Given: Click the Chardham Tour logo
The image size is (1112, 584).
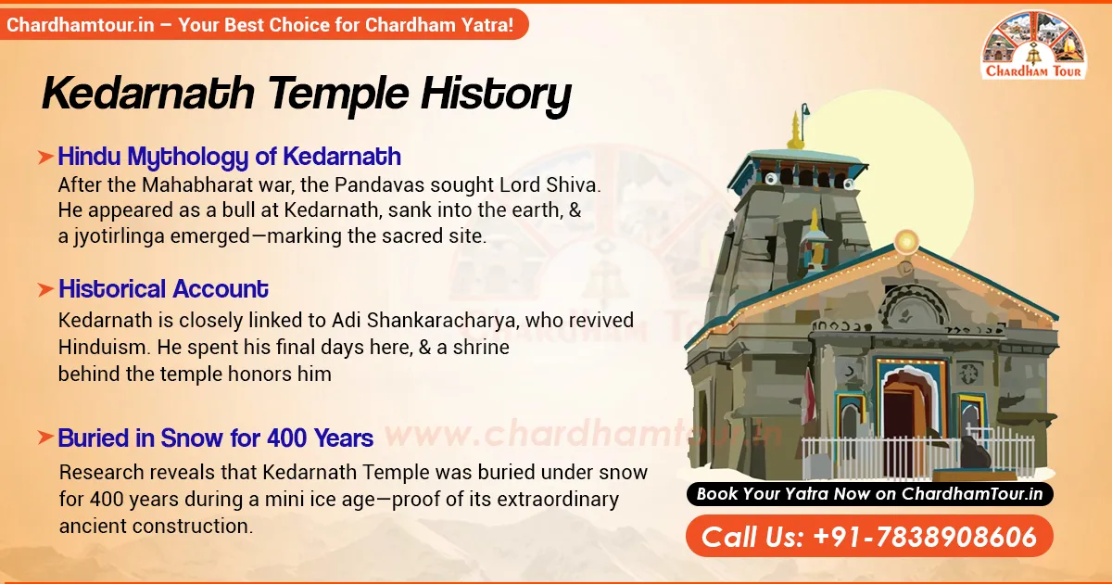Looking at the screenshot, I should click(1036, 45).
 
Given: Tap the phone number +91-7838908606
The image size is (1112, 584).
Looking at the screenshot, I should click(869, 537).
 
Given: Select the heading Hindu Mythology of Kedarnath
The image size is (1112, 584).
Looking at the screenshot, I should click(229, 156).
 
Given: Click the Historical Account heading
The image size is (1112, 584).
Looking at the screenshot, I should click(163, 289).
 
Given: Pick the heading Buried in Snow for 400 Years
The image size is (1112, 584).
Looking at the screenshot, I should click(215, 438).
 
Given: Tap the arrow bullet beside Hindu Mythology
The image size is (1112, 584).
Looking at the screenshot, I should click(44, 157).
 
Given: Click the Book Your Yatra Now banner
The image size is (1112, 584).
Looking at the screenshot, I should click(869, 494).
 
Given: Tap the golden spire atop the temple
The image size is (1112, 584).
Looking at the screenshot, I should click(794, 131).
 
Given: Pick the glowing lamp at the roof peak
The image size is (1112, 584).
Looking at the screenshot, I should click(906, 242).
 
